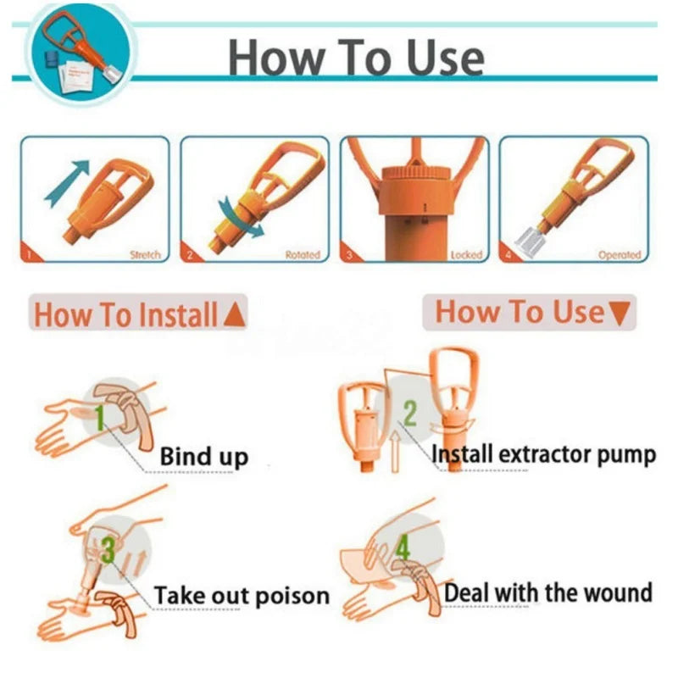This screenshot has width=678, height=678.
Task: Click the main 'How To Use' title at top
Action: (x=356, y=57)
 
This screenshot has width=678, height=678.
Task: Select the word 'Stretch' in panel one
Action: (x=144, y=254)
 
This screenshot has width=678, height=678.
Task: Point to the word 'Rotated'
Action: (x=303, y=254)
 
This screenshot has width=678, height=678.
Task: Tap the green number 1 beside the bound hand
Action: (x=101, y=417)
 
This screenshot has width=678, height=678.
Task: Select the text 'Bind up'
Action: (x=204, y=458)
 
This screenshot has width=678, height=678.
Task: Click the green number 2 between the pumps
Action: (x=410, y=414)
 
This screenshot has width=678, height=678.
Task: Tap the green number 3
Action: (x=108, y=551)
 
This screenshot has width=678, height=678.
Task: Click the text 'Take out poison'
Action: (x=242, y=596)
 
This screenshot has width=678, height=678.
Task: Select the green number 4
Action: (x=403, y=549)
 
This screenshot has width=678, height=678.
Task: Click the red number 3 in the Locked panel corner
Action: (x=350, y=253)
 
